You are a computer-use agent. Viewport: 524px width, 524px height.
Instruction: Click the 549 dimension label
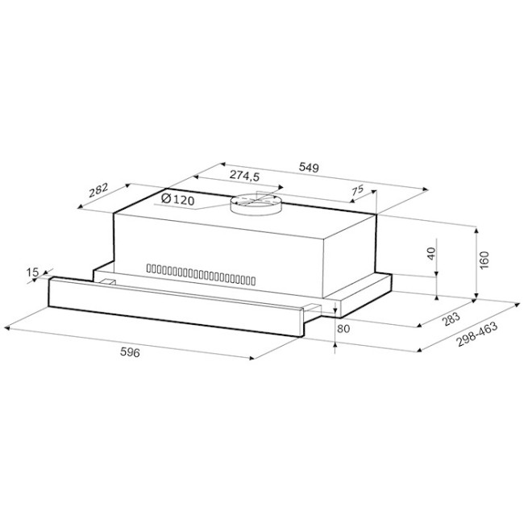click(309, 167)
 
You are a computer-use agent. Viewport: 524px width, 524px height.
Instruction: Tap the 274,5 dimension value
click(244, 176)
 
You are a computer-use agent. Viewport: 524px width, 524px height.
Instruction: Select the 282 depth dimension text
click(98, 190)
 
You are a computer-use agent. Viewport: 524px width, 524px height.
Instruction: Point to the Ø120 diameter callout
click(177, 199)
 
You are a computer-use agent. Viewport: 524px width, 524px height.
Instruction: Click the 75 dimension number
click(357, 190)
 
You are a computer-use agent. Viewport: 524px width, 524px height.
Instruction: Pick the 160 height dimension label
click(484, 260)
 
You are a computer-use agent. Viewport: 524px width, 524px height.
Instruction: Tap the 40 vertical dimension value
click(431, 254)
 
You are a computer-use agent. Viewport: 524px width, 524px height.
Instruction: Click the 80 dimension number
click(343, 328)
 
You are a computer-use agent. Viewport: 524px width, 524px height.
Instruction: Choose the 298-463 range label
click(477, 335)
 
